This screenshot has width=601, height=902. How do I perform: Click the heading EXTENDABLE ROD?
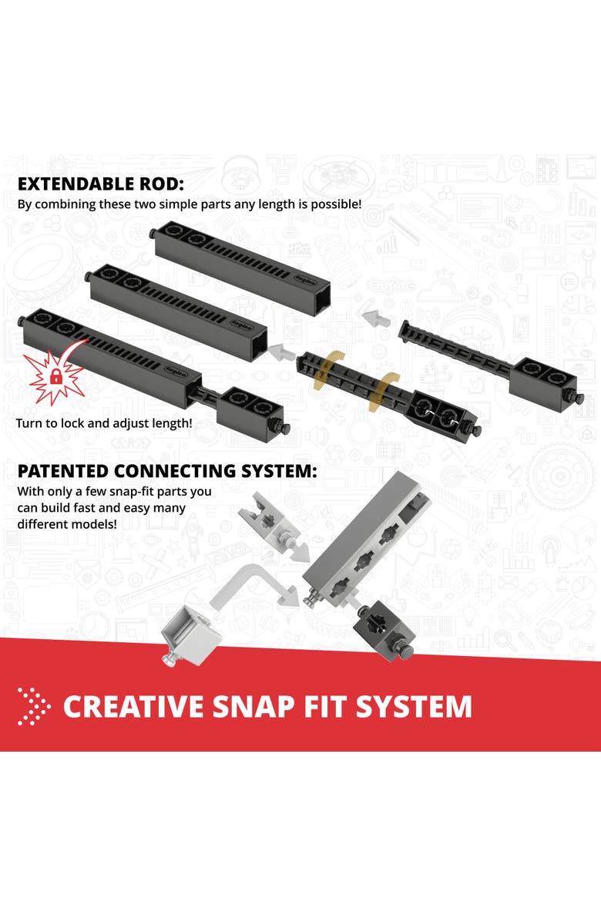(101, 184)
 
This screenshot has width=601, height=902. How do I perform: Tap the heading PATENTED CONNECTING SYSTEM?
(166, 471)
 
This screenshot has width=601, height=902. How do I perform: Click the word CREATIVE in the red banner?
(133, 706)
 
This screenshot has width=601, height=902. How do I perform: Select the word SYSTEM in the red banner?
(414, 706)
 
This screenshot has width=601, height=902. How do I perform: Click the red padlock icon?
(55, 377)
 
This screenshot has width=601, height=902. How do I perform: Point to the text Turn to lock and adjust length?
(103, 423)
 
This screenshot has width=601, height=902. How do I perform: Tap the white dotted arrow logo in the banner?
(34, 706)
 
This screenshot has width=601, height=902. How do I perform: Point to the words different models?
(67, 524)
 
